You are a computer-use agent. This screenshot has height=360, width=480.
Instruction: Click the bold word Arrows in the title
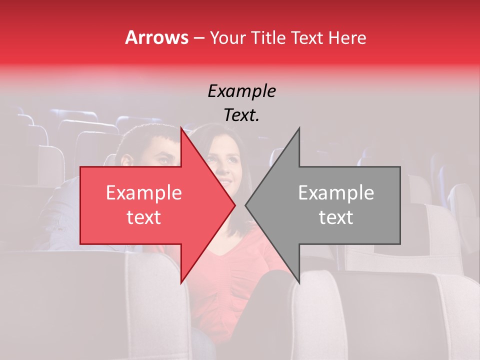(156, 37)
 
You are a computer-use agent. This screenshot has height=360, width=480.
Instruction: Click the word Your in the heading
(227, 38)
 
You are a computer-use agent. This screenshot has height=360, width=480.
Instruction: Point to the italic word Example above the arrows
(241, 91)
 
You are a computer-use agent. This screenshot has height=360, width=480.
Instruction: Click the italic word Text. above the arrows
(241, 115)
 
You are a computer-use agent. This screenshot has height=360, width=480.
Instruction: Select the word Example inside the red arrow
(143, 193)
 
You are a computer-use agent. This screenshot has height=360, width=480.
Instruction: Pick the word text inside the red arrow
(143, 217)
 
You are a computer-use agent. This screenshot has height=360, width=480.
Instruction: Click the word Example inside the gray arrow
(336, 193)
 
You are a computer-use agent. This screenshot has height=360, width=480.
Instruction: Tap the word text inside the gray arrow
(336, 217)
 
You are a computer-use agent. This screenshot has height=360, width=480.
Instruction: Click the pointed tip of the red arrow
(235, 205)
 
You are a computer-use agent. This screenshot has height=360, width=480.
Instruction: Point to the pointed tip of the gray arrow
(245, 205)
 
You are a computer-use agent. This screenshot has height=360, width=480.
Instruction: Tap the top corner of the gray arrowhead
(299, 127)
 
